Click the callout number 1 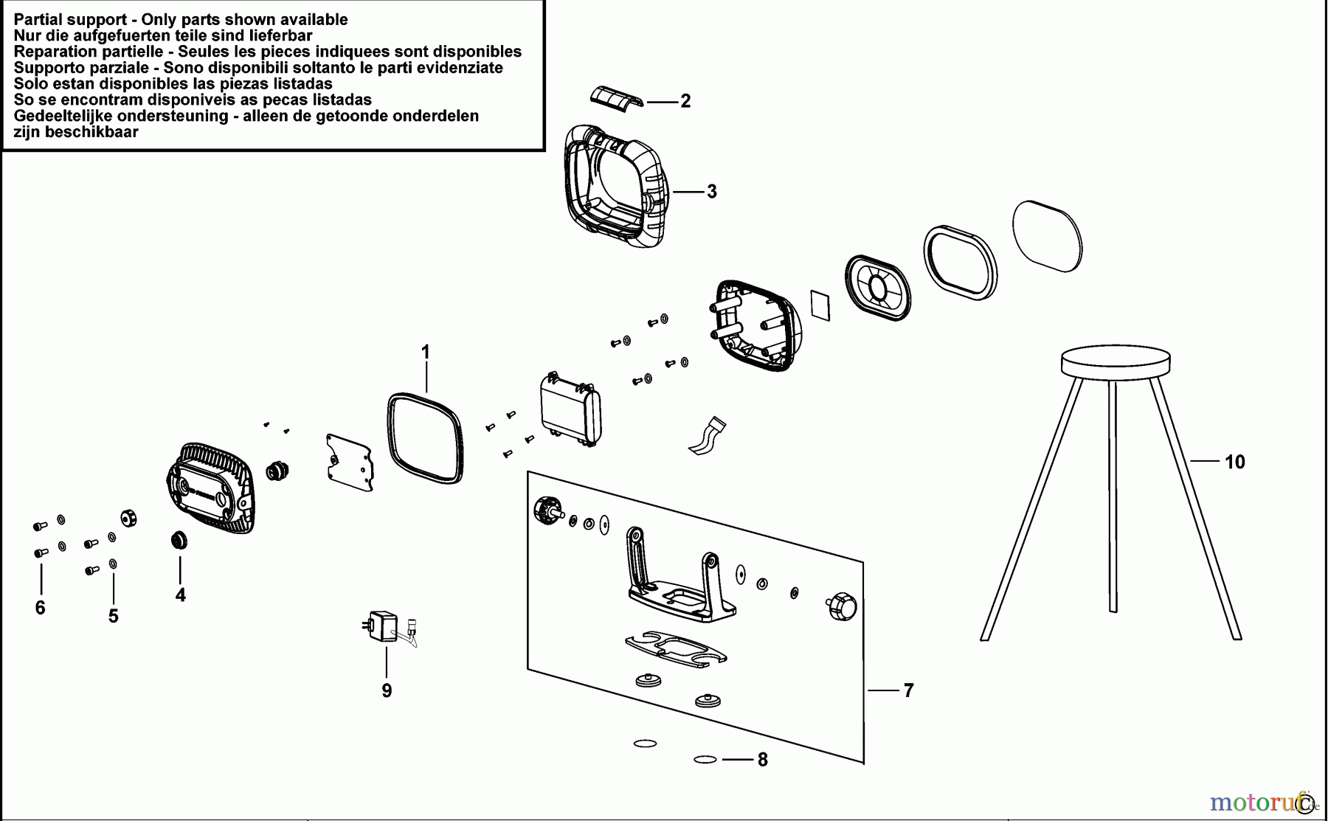(425, 353)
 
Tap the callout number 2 (685, 101)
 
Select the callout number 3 (711, 192)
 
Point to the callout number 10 (1234, 463)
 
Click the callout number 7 (908, 690)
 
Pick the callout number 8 (762, 760)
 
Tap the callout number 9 (387, 691)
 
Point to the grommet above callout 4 (179, 540)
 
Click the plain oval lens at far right (1047, 235)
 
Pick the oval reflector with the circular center (877, 288)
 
